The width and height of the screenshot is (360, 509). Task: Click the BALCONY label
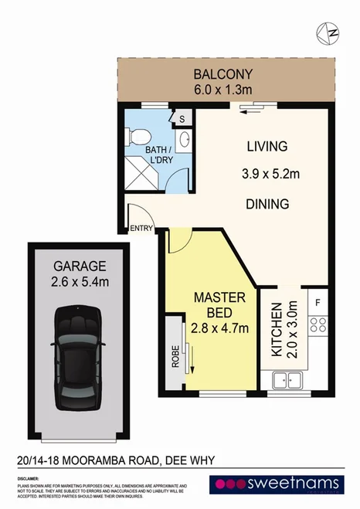[x=223, y=76]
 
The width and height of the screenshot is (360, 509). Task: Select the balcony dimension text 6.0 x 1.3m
[x=223, y=90]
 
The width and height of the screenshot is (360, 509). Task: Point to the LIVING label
[x=267, y=146]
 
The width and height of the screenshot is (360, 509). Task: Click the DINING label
[x=267, y=205]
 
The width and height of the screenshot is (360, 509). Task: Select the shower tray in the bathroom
[x=143, y=175]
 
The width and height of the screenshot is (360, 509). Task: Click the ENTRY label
[x=141, y=227]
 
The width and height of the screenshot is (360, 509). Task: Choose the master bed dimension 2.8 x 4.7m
[x=220, y=328]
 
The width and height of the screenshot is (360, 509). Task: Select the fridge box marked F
[x=318, y=300]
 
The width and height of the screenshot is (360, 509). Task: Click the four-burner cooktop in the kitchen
[x=318, y=325]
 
